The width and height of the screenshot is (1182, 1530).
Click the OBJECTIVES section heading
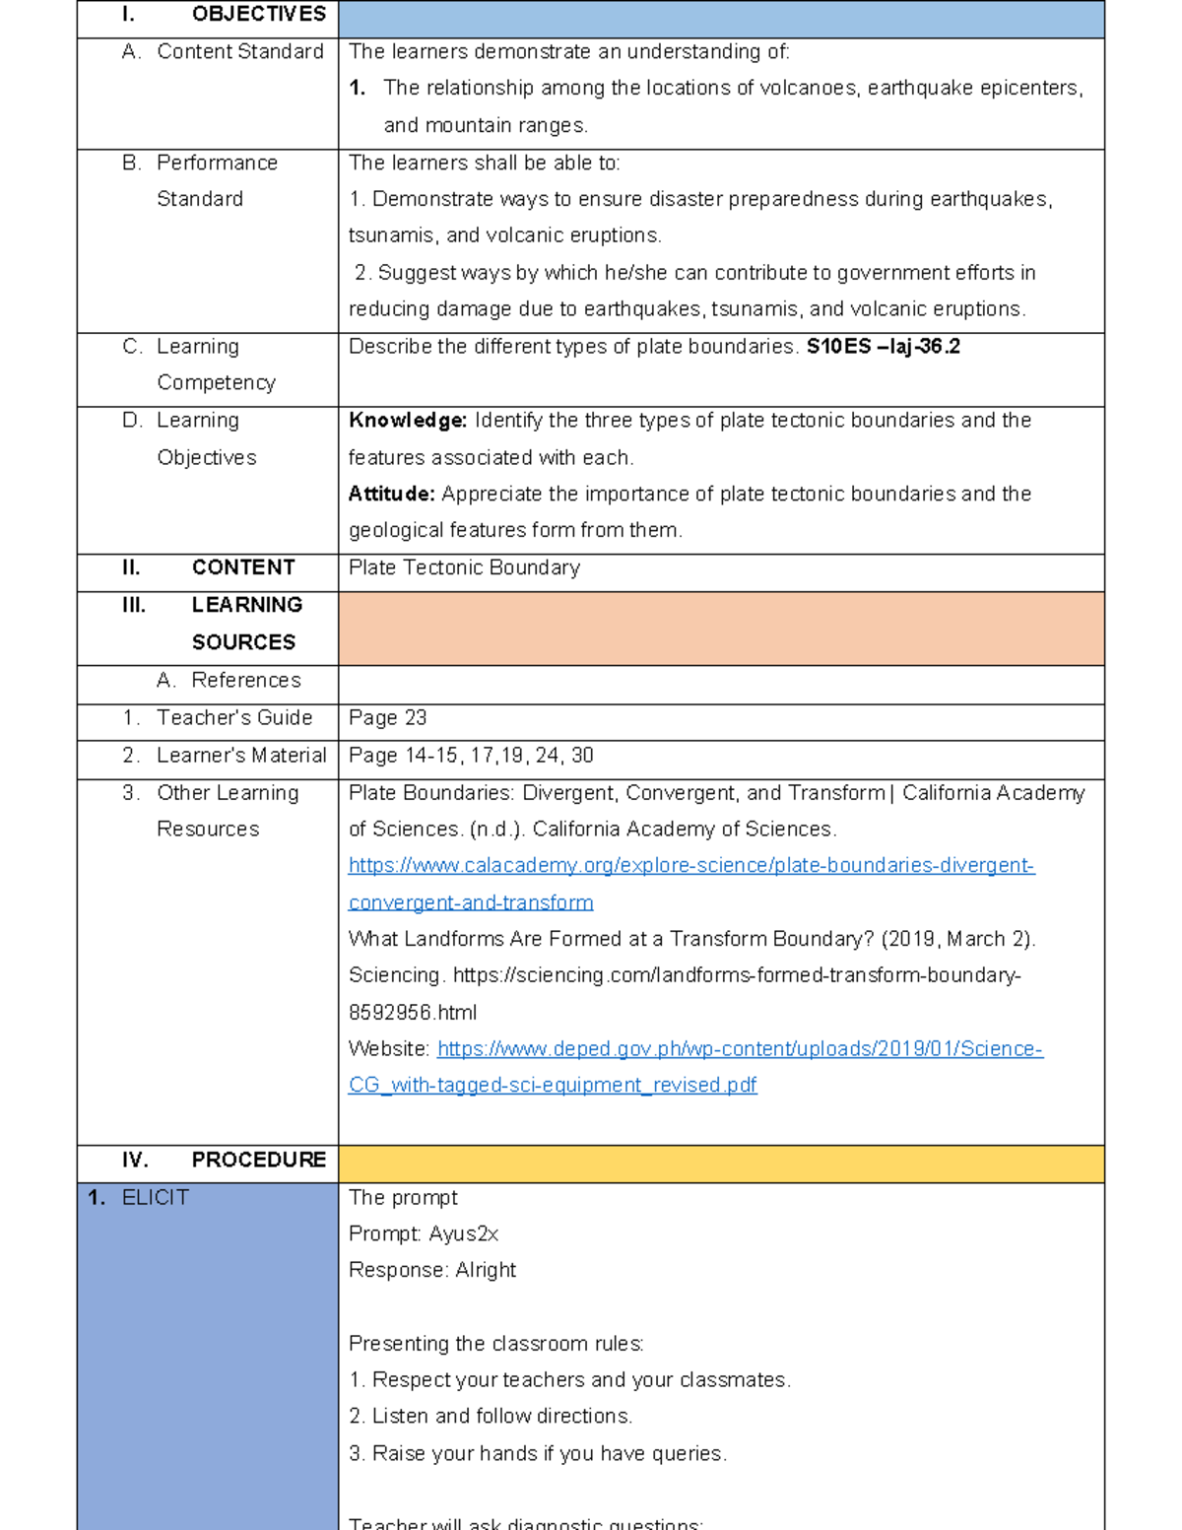(x=258, y=15)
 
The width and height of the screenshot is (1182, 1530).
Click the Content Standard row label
(x=239, y=52)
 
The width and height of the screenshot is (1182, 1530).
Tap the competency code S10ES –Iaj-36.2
(x=883, y=347)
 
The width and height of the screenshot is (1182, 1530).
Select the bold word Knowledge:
(x=408, y=421)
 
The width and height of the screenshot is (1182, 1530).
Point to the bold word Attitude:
(x=391, y=494)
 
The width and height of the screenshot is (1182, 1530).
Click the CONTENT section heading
(x=242, y=567)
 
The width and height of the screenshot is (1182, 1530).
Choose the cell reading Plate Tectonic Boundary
(x=464, y=567)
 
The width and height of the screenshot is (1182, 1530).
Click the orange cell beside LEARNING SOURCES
(x=721, y=629)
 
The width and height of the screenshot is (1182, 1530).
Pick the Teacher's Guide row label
(x=233, y=718)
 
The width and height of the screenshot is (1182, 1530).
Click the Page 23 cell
(x=387, y=718)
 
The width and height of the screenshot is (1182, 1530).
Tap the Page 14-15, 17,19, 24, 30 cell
(x=471, y=756)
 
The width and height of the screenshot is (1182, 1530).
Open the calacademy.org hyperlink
(x=690, y=866)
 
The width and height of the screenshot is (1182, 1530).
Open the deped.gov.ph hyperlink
(x=739, y=1049)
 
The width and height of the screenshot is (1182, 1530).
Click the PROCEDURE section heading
(x=258, y=1161)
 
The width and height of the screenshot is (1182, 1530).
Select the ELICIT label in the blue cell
(x=155, y=1198)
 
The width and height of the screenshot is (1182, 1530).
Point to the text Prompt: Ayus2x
(x=424, y=1234)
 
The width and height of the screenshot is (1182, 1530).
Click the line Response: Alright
(x=431, y=1271)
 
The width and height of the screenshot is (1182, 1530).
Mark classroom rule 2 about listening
(x=491, y=1417)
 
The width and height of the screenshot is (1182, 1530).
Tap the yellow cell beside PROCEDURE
(x=721, y=1164)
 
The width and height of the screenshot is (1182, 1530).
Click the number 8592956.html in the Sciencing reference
(x=413, y=1013)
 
